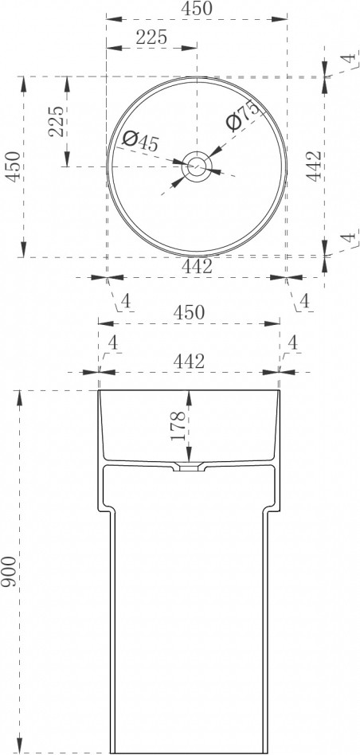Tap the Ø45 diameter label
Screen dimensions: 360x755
coord(140,141)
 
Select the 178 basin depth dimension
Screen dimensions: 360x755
coord(178,425)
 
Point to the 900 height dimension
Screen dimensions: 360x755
coord(8,571)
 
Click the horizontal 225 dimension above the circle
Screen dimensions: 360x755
coord(151,37)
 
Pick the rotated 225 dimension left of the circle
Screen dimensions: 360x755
coord(57,121)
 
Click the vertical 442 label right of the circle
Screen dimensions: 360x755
coord(314,166)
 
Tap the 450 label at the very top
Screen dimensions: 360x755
coord(196,9)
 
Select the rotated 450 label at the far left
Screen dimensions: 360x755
coord(13,166)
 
